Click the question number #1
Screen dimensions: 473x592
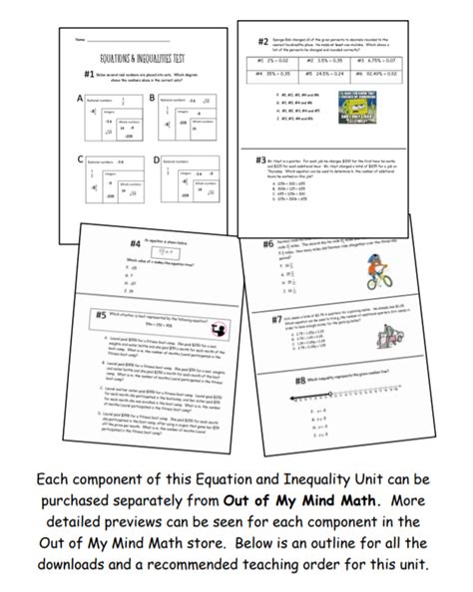[90, 76]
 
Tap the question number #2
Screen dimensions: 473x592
[262, 42]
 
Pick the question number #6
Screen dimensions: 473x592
[268, 244]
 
